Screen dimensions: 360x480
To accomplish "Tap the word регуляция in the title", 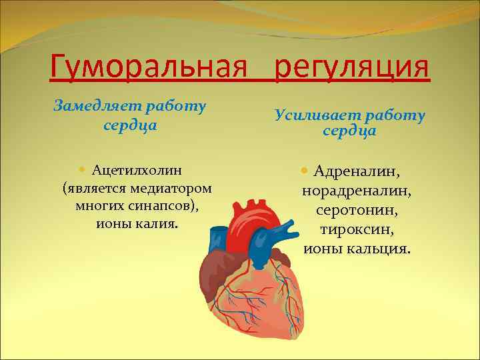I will tap(352, 67).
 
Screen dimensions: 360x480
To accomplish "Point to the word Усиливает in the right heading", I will tap(310, 115).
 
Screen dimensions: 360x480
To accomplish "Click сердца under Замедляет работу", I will tap(131, 124).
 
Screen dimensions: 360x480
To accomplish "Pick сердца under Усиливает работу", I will tap(349, 131).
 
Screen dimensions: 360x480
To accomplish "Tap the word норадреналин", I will tap(357, 191).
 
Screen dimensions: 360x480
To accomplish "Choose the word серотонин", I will tap(357, 211).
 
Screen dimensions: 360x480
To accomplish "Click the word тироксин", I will tap(357, 230).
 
